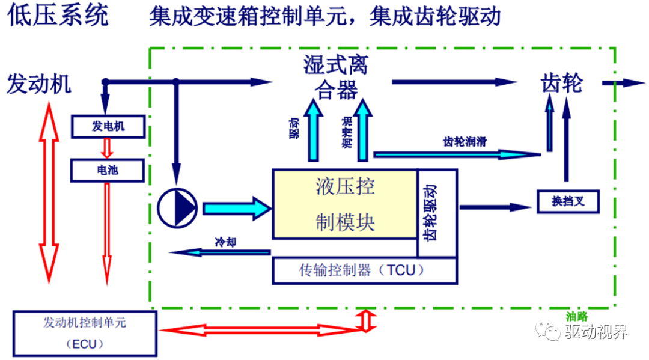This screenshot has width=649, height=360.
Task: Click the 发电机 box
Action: [108, 126]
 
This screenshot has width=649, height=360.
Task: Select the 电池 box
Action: [108, 171]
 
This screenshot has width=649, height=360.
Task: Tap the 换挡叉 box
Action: [568, 201]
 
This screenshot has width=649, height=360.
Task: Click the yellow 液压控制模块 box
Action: [345, 204]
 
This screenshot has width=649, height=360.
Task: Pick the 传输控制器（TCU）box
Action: [364, 270]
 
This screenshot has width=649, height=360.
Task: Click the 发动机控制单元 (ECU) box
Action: [85, 333]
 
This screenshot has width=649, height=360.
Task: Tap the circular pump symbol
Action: [177, 208]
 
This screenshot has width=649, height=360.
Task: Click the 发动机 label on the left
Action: [38, 84]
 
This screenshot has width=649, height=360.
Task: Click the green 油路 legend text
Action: [577, 316]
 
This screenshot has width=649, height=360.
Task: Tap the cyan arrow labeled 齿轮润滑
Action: [457, 154]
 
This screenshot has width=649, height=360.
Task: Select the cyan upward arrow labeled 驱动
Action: [313, 130]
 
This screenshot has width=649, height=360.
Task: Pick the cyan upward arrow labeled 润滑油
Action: [362, 130]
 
